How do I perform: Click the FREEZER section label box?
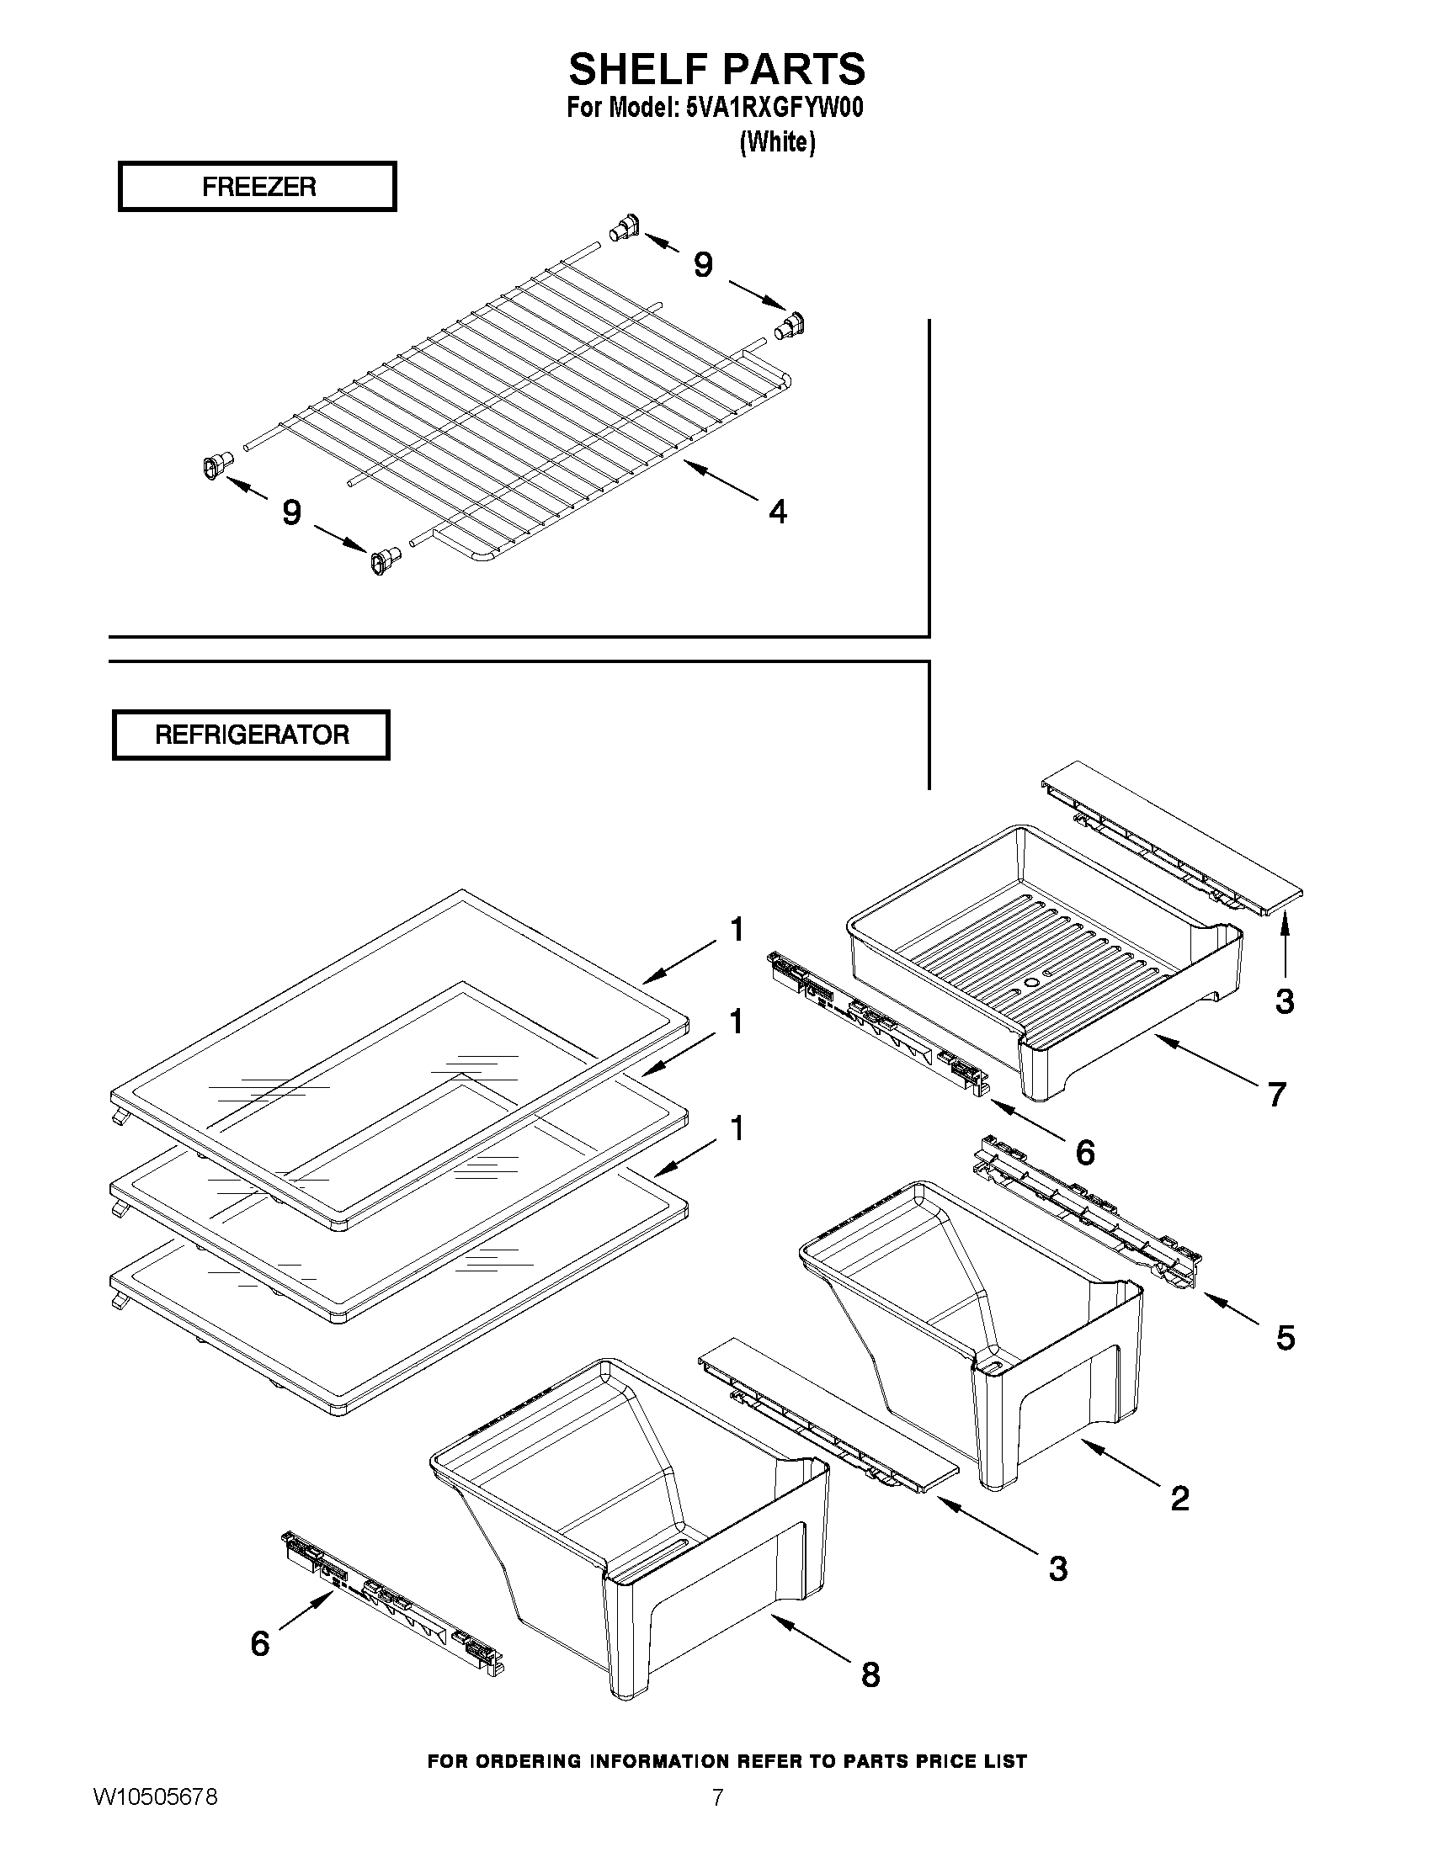click(x=257, y=187)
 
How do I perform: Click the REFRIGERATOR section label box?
click(x=251, y=735)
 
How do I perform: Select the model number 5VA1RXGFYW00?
click(x=774, y=109)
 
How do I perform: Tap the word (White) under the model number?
click(x=777, y=142)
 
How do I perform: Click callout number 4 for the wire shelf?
click(x=777, y=512)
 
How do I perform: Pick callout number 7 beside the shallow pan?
click(x=1277, y=1094)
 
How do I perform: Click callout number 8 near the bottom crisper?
click(x=870, y=1674)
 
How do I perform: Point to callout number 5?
click(x=1286, y=1338)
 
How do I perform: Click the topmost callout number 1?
click(x=737, y=930)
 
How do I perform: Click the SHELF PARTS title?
click(x=717, y=68)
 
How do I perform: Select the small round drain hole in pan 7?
click(x=1030, y=982)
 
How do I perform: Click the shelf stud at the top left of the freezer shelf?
click(x=624, y=230)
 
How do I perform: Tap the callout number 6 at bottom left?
click(x=260, y=1642)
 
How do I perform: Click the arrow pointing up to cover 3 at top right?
click(x=1285, y=946)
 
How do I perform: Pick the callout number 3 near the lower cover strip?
click(x=1057, y=1568)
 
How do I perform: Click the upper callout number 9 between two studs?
click(x=703, y=265)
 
